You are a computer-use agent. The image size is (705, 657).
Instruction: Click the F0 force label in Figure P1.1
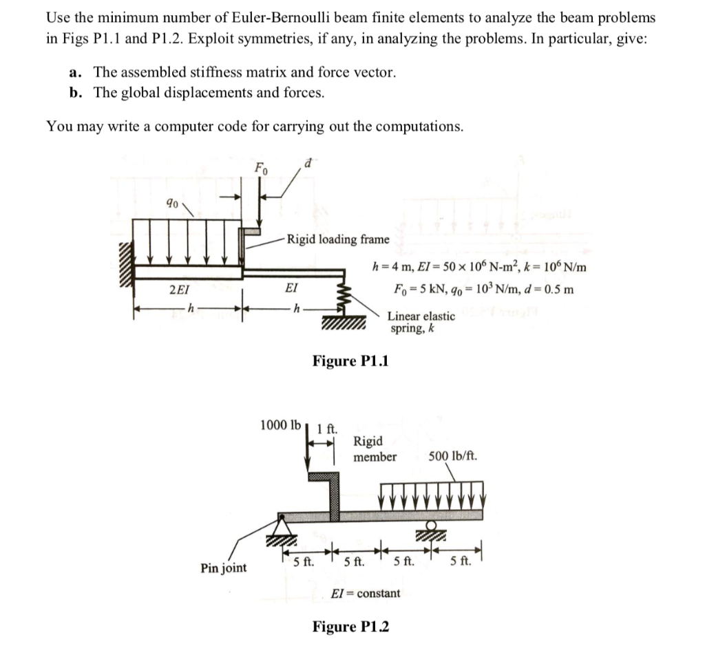pyautogui.click(x=261, y=167)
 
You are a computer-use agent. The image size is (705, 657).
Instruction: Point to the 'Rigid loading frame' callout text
pyautogui.click(x=338, y=239)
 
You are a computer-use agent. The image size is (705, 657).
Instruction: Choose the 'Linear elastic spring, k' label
pyautogui.click(x=421, y=322)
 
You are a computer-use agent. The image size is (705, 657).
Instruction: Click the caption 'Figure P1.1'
pyautogui.click(x=350, y=360)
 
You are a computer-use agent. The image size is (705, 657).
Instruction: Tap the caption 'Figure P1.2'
pyautogui.click(x=350, y=626)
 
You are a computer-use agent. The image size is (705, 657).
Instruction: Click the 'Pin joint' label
pyautogui.click(x=223, y=568)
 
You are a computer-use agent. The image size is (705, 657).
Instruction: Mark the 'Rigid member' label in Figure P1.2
pyautogui.click(x=375, y=449)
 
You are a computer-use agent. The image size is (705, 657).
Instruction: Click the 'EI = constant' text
pyautogui.click(x=366, y=592)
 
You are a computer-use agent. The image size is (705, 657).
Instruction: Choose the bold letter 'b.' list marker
pyautogui.click(x=76, y=93)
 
